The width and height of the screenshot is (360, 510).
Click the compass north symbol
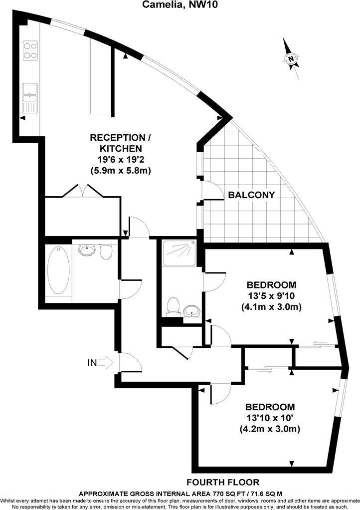[291, 58]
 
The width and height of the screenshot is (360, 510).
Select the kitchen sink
[30, 98]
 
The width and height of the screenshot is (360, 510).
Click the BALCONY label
[251, 195]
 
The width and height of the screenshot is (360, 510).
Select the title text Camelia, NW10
[180, 5]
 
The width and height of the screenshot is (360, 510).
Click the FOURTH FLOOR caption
[222, 482]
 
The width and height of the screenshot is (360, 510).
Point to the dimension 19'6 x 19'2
[121, 159]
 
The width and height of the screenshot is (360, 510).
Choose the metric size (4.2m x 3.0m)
[271, 429]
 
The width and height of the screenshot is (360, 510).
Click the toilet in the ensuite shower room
[174, 305]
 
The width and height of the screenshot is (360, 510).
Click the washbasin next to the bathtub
[87, 249]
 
